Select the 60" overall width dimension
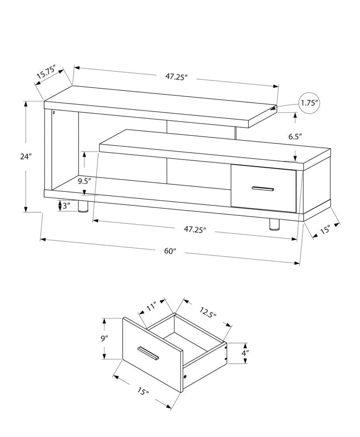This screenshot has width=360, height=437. (170, 251)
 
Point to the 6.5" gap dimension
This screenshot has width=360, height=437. (295, 136)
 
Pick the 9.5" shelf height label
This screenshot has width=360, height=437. (84, 180)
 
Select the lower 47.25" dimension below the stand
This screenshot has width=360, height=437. (195, 229)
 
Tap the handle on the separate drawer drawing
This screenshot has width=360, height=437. (149, 354)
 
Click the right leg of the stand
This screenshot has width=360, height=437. (274, 224)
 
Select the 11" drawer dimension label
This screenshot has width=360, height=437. (151, 308)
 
